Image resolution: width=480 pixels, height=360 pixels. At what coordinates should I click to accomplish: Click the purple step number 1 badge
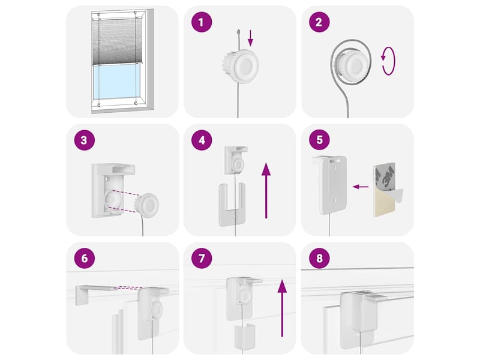(202, 22)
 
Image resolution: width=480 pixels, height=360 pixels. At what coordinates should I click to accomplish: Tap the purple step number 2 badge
(319, 22)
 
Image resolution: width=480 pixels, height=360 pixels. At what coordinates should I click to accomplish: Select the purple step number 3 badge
(84, 140)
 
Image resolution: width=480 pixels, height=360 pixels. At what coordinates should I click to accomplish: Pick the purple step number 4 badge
(202, 140)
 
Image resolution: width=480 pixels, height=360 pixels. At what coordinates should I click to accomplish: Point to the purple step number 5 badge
(319, 140)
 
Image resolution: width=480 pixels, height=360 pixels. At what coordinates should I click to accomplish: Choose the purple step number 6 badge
(84, 258)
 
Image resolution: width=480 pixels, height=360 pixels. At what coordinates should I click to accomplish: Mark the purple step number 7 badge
(202, 258)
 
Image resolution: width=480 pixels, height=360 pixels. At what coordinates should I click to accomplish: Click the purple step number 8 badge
(319, 258)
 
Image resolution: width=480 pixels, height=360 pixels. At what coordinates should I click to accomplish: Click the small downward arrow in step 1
(250, 38)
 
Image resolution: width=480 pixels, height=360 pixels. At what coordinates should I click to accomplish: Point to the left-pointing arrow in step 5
(361, 187)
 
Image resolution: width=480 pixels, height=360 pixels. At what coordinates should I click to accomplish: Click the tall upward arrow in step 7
(282, 308)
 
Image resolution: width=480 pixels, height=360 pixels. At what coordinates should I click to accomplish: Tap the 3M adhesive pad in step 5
(386, 190)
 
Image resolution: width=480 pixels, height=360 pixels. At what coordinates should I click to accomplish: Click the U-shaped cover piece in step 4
(232, 205)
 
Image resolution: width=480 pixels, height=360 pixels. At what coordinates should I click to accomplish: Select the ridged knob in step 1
(241, 66)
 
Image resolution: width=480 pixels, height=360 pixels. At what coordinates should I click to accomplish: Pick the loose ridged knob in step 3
(148, 205)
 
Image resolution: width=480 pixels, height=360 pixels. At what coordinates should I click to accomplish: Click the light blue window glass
(116, 82)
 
